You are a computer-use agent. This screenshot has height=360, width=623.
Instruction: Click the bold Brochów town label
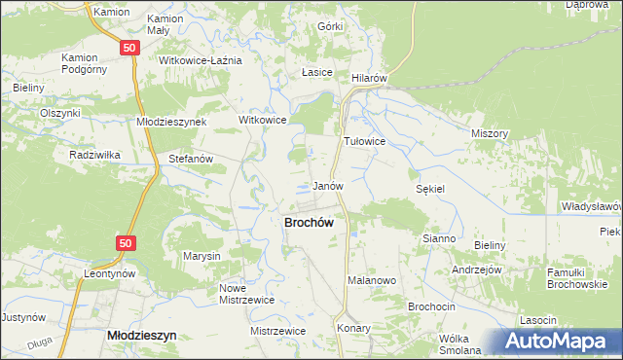(x=309, y=222)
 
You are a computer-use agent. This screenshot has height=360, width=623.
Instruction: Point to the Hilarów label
(x=370, y=77)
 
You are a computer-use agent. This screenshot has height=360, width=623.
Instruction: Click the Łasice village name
(x=317, y=73)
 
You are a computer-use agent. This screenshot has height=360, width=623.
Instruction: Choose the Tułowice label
(x=365, y=141)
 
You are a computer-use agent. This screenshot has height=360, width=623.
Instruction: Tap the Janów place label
(x=327, y=185)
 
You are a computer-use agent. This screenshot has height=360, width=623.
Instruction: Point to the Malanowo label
(x=371, y=280)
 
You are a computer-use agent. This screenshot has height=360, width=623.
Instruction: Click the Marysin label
(x=202, y=256)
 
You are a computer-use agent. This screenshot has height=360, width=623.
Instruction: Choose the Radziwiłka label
(x=93, y=155)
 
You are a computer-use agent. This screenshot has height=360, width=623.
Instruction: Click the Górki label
(x=330, y=25)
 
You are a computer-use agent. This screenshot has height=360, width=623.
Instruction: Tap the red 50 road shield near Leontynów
(x=124, y=242)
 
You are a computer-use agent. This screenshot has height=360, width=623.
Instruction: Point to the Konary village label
(x=354, y=329)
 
